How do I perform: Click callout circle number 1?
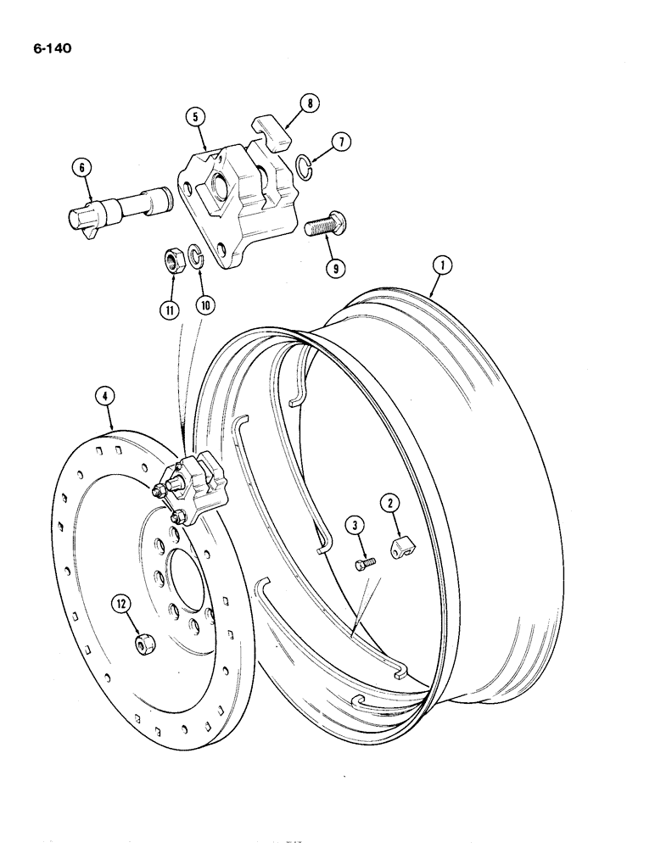point(440,265)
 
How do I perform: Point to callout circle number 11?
point(171,310)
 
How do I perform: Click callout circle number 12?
point(122,603)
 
